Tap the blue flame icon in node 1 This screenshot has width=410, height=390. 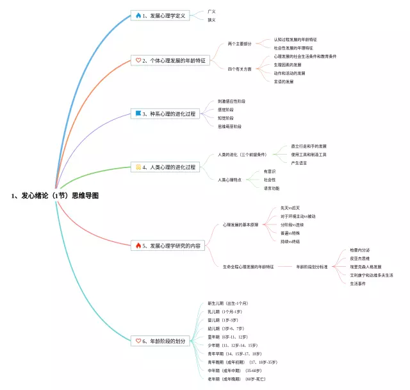(137, 15)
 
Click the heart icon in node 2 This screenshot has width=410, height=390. (138, 60)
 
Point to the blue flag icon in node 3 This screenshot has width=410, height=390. (137, 114)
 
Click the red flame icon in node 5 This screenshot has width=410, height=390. (137, 245)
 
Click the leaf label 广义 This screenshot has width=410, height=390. (211, 11)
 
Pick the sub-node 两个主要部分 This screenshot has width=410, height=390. (240, 44)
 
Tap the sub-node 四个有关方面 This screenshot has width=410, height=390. (240, 69)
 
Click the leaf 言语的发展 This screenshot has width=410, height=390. (284, 81)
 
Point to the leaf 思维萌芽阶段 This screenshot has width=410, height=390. (230, 126)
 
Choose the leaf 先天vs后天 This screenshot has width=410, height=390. (290, 208)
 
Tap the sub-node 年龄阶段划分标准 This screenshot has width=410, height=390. (312, 266)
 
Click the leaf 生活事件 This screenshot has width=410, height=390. (358, 283)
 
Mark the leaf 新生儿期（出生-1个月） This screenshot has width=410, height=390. (227, 303)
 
